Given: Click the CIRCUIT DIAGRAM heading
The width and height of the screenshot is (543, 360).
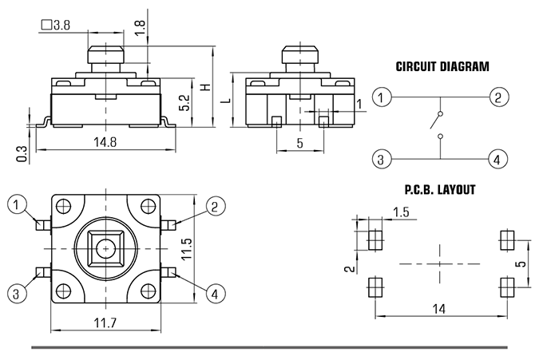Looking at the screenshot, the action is tap(442, 66).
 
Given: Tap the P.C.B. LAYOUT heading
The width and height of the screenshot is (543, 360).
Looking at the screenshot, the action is tap(440, 190).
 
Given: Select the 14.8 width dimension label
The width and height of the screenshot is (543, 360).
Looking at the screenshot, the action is tap(105, 142).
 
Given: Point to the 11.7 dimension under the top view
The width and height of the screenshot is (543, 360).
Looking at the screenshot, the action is tap(105, 323).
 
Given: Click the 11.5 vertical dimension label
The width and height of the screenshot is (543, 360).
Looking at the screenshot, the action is tap(186, 249).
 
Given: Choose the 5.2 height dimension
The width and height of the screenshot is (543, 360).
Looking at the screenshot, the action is tap(185, 103).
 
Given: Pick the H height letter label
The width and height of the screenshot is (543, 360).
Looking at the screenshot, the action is tap(206, 87).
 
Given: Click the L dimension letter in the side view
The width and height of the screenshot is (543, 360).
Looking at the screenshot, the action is tap(227, 101).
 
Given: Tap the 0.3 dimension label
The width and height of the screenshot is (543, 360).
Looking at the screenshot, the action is tap(22, 154).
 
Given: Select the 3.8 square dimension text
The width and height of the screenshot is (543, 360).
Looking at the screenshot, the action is tap(55, 25).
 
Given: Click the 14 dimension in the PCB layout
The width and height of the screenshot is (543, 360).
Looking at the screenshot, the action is tap(439, 308).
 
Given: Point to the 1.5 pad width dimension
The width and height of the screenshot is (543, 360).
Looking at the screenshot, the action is tap(401, 212).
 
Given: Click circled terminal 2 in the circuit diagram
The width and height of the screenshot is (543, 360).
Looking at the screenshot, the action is tap(499, 97).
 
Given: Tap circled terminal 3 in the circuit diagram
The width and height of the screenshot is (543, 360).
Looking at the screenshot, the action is tap(381, 160).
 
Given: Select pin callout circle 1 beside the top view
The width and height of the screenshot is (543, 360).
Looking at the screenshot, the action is tap(17, 205).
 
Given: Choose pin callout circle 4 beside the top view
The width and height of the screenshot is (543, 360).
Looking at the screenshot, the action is tap(216, 295).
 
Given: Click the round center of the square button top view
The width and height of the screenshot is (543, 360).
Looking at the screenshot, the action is tap(105, 249).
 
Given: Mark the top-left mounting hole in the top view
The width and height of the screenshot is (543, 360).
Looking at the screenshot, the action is tap(64, 207).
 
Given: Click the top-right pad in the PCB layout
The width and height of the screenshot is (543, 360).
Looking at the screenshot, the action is tap(507, 240).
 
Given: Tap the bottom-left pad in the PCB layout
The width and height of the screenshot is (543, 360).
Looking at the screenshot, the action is tap(375, 287).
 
